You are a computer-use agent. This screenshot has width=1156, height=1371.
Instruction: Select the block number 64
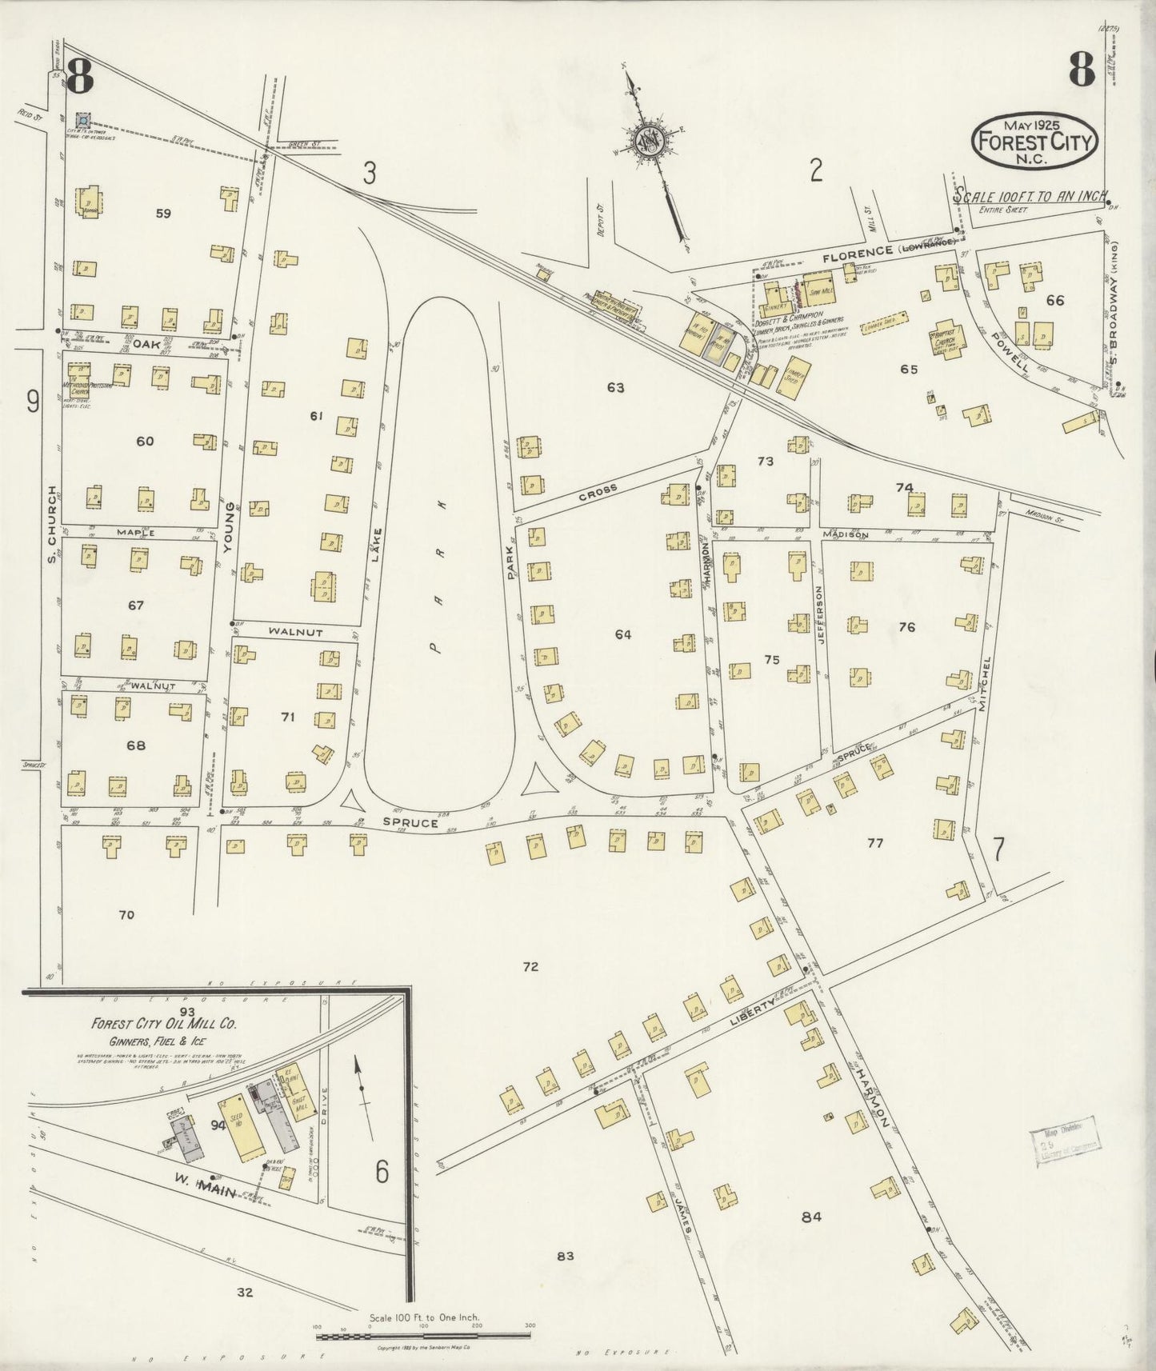tap(623, 634)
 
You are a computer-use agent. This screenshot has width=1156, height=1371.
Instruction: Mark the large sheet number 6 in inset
tap(382, 1173)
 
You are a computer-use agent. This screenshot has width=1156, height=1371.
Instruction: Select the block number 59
tap(163, 214)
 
